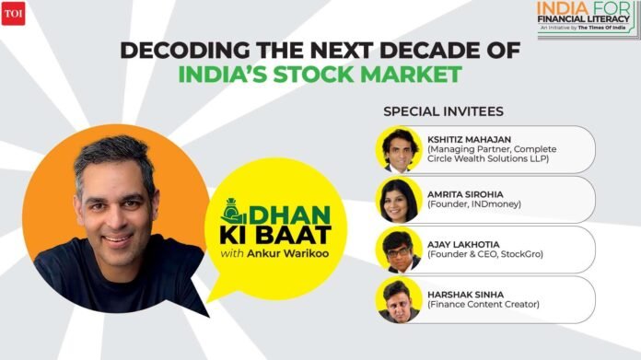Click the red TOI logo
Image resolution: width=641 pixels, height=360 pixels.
pyautogui.click(x=14, y=17)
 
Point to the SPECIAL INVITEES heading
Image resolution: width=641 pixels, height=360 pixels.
pyautogui.click(x=444, y=111)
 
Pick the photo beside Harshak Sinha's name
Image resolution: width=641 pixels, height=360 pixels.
pyautogui.click(x=399, y=299)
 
